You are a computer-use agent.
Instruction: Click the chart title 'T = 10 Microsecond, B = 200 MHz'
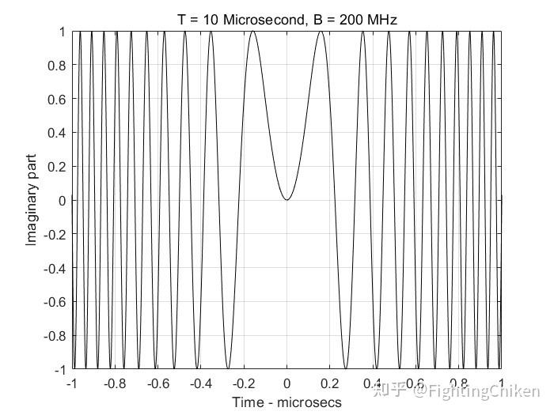click(x=286, y=18)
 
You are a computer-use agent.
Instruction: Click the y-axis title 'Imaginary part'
click(x=32, y=201)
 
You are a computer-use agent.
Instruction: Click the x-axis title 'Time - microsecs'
click(x=286, y=402)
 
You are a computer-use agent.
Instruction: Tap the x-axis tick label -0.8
click(x=116, y=385)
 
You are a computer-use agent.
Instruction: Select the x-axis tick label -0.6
click(x=158, y=385)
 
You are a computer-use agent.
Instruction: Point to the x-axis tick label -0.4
click(x=201, y=385)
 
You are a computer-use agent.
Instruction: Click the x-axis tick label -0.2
click(x=244, y=385)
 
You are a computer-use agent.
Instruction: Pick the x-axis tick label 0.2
click(x=331, y=385)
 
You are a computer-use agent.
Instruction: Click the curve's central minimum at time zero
click(x=286, y=200)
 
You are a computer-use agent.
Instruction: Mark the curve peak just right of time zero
click(x=321, y=32)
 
